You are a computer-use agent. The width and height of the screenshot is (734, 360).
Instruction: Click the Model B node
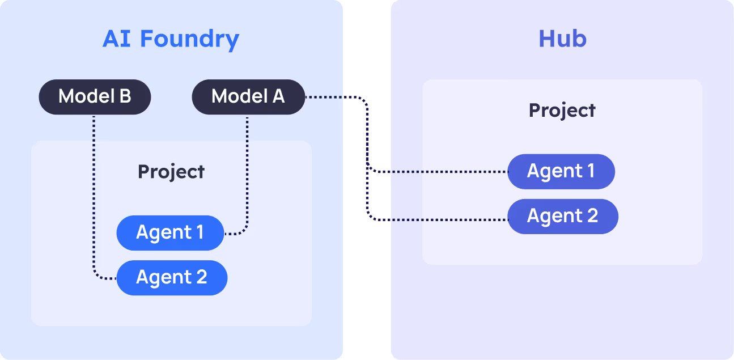[x=95, y=97]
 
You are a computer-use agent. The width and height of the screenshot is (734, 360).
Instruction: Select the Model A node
[x=248, y=97]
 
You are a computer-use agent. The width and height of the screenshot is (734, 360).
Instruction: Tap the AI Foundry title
[x=171, y=39]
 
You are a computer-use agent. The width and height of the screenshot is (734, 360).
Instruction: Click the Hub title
[x=562, y=39]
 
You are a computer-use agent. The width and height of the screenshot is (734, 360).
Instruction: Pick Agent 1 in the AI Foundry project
[x=170, y=232]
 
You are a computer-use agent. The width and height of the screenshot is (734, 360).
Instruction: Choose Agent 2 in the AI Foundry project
[x=172, y=277]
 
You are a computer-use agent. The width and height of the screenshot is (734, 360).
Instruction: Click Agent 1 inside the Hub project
[x=561, y=171]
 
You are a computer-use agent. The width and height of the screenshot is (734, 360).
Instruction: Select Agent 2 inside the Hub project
[x=562, y=216]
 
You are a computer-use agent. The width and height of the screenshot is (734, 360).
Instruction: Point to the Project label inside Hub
[x=562, y=110]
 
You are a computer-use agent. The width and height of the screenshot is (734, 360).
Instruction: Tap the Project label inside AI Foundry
[x=171, y=171]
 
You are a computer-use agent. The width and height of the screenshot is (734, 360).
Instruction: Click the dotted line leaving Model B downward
[x=94, y=187]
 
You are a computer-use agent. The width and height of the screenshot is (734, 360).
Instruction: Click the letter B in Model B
[x=125, y=97]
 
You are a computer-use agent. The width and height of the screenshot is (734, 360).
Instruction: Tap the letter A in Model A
[x=278, y=97]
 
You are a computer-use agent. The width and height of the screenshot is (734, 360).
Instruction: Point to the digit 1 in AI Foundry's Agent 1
[x=198, y=232]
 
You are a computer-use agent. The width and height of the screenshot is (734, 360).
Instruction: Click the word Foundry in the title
[x=189, y=39]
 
